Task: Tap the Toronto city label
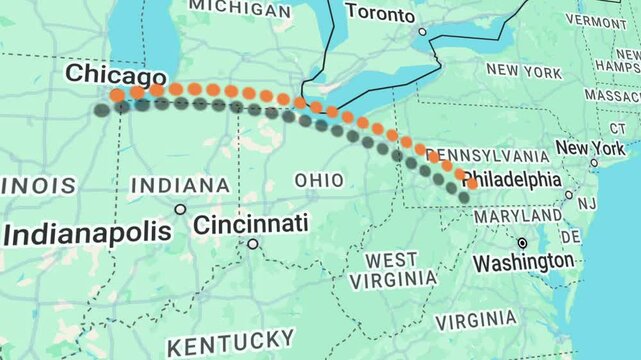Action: click(x=380, y=14)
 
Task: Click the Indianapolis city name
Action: click(x=87, y=234)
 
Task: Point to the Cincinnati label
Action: click(x=250, y=224)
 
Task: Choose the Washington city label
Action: click(x=524, y=262)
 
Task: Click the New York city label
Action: click(x=590, y=148)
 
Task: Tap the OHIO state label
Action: click(x=319, y=180)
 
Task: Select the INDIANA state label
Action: click(x=179, y=185)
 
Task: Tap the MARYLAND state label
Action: click(x=517, y=216)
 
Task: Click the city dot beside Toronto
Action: click(x=422, y=32)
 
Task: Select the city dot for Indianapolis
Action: click(x=180, y=209)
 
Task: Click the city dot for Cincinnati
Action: click(x=253, y=243)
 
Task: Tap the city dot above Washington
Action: click(x=522, y=243)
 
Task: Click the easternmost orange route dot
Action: click(x=471, y=184)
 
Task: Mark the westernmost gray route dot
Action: click(x=101, y=110)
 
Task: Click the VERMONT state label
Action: click(x=596, y=20)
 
